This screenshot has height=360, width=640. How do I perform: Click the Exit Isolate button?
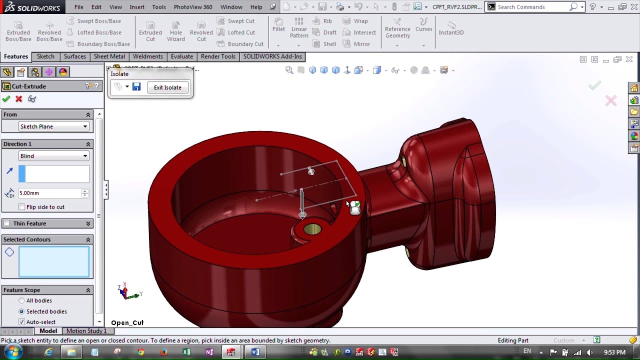click(167, 87)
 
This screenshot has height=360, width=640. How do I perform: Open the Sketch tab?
click(45, 56)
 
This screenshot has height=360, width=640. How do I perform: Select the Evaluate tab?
click(181, 56)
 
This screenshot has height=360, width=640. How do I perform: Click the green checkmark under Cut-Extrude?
click(6, 99)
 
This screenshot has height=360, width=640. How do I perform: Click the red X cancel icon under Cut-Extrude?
click(19, 99)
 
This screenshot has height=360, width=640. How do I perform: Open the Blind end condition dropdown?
click(53, 156)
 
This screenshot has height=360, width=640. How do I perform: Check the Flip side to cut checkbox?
click(21, 207)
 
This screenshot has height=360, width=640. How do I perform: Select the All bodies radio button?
click(21, 300)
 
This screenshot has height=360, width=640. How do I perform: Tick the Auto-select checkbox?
click(21, 322)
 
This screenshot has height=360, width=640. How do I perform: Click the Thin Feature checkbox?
click(6, 223)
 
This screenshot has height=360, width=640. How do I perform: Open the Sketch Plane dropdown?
click(53, 126)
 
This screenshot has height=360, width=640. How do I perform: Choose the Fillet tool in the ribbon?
click(278, 24)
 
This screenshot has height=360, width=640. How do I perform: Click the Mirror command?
click(356, 44)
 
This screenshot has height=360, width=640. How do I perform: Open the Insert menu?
click(137, 7)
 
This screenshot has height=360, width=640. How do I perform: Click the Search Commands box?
click(532, 7)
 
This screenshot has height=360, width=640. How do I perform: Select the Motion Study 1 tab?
click(86, 331)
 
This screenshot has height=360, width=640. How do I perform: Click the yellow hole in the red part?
click(312, 229)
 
